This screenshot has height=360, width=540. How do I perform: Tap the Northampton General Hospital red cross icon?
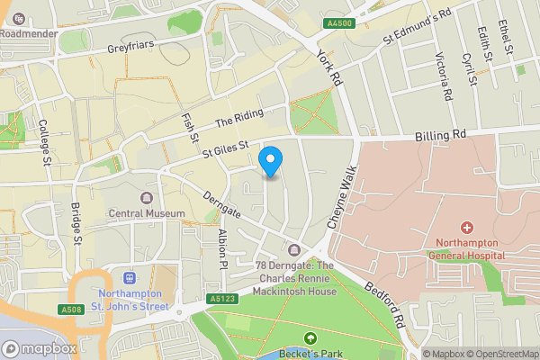[x=466, y=228]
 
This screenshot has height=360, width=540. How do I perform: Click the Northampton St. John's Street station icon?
[x=129, y=278]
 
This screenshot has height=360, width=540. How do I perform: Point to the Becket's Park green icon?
[x=310, y=338]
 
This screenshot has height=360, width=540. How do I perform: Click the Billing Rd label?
[x=441, y=135]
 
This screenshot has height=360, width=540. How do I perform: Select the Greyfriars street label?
[x=132, y=50]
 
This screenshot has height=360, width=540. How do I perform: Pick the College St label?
[x=44, y=143]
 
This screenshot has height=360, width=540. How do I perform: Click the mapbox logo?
[x=39, y=348]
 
